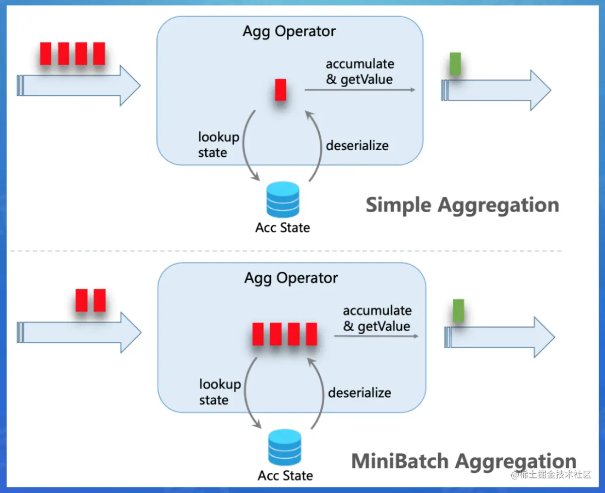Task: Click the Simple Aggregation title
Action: coord(462,205)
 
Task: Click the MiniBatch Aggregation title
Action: coord(463,461)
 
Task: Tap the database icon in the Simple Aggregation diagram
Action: coord(282,201)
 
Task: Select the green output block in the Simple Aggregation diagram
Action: coord(455,64)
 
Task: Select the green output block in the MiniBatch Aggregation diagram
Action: coord(458,311)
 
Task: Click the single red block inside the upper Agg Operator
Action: coord(280,90)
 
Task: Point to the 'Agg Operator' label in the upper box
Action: coord(289,31)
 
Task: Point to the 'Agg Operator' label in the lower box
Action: coord(291,278)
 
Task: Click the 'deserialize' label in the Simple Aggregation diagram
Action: coord(357,146)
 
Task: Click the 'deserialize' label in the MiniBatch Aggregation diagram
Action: coord(359,392)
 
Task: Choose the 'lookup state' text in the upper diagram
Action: coord(218,145)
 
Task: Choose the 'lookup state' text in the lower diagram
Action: coord(220,392)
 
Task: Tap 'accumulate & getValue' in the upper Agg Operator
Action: coord(359,72)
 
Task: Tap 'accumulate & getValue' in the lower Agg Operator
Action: coord(377,318)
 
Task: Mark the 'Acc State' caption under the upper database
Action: coord(282,227)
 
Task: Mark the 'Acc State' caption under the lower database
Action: coord(285,475)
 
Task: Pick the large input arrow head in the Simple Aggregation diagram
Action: coord(129,85)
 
